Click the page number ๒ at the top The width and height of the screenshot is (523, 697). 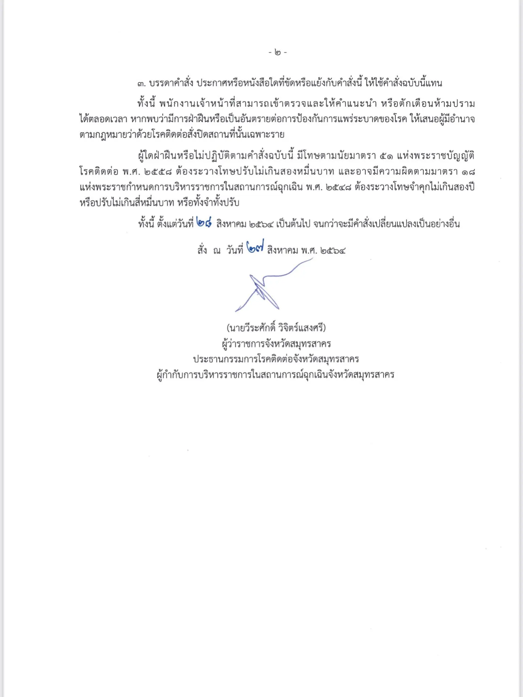pyautogui.click(x=278, y=52)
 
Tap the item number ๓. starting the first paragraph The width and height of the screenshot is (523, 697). pyautogui.click(x=142, y=83)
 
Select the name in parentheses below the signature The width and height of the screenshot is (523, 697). pyautogui.click(x=276, y=328)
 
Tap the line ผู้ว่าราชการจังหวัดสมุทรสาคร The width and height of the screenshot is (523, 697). pyautogui.click(x=276, y=344)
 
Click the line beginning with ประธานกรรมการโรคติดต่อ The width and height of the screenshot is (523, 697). pyautogui.click(x=276, y=359)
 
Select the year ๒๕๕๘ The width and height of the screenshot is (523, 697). pyautogui.click(x=158, y=172)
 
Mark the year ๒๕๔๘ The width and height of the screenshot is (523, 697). pyautogui.click(x=338, y=187)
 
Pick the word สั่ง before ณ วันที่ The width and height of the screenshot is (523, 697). pyautogui.click(x=202, y=250)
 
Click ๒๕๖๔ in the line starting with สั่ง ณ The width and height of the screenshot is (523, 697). pyautogui.click(x=333, y=251)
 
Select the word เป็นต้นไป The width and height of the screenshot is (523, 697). pyautogui.click(x=293, y=224)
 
